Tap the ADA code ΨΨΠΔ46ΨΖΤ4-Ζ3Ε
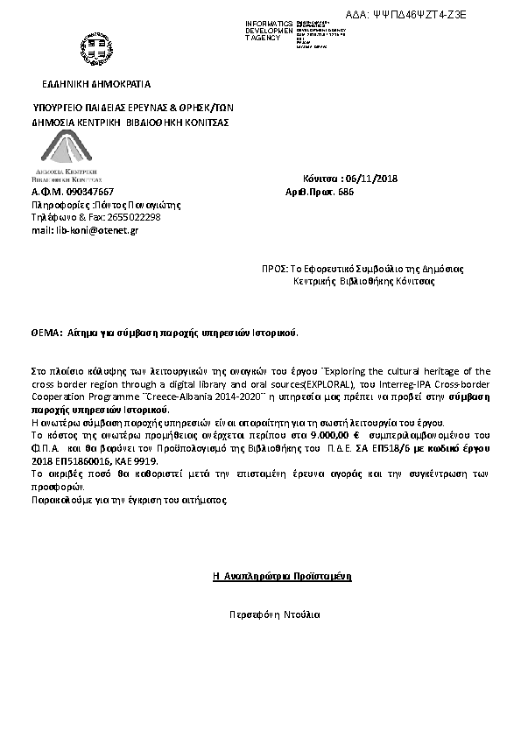419,15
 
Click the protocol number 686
346,192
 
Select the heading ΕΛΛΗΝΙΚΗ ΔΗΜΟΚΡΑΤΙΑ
96,84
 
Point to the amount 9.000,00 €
334,434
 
